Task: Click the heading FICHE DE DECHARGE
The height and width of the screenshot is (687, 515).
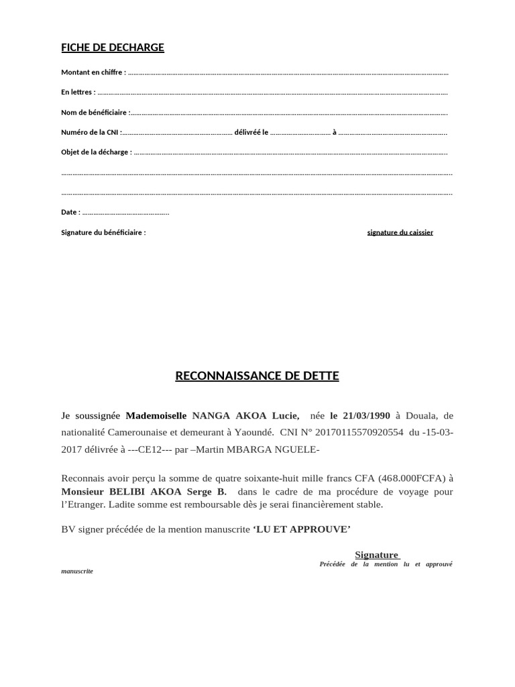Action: coord(113,47)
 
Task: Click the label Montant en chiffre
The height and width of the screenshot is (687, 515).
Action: coord(93,72)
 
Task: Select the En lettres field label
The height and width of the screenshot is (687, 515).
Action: coord(78,92)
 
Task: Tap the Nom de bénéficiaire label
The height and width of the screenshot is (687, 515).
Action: coord(95,113)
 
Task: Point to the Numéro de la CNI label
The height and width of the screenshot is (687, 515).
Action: coord(91,132)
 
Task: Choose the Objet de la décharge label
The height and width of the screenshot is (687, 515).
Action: coord(96,152)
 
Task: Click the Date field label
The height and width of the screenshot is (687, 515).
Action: coord(70,212)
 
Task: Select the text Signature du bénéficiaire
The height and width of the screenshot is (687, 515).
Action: coord(103,232)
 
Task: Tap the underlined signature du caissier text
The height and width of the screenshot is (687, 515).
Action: coord(400,232)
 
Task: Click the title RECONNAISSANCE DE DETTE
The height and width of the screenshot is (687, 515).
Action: coord(257,376)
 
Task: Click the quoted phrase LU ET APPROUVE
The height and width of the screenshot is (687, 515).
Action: coord(302,529)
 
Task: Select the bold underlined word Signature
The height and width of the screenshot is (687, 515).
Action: coord(376,555)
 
